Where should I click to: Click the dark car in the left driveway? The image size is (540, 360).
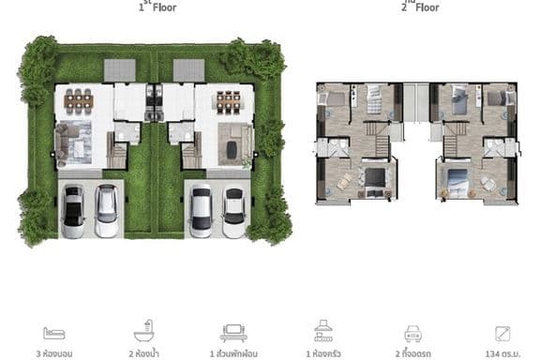click(73, 211)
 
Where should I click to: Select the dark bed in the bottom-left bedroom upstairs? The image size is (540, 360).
click(375, 180)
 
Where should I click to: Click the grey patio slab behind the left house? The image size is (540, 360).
click(119, 70)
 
